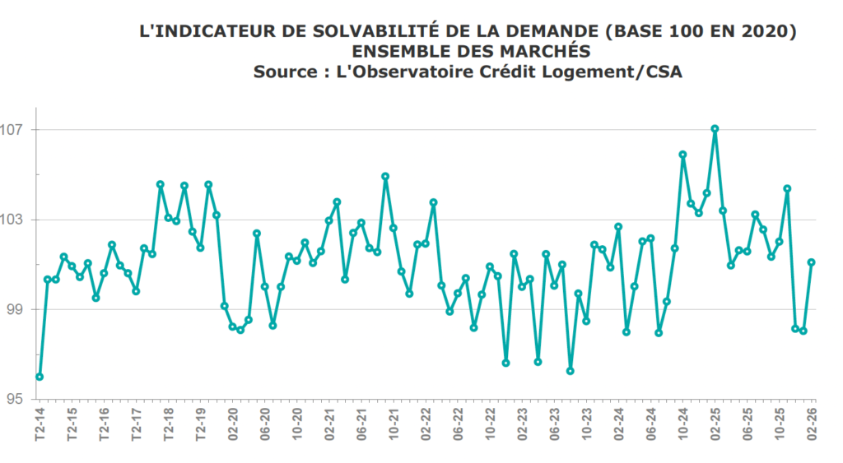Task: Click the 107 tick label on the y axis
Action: click(x=17, y=130)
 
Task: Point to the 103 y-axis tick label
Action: click(x=17, y=220)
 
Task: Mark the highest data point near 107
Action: click(x=715, y=128)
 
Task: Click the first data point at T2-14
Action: click(x=40, y=377)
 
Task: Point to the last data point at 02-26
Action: click(x=811, y=262)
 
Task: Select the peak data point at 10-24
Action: click(x=682, y=155)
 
